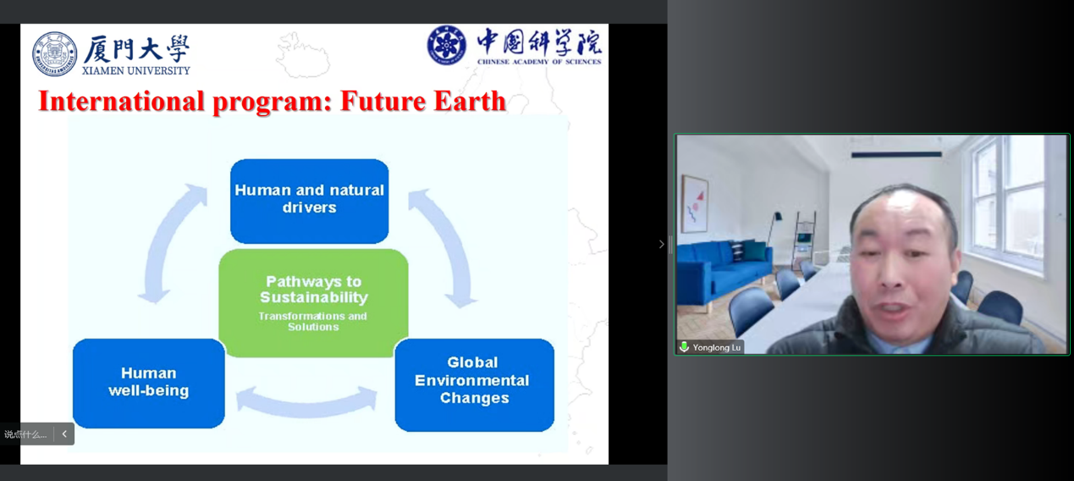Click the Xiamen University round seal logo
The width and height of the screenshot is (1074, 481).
(55, 53)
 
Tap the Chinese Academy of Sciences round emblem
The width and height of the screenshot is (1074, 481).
(446, 46)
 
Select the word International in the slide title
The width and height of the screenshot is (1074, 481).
(122, 101)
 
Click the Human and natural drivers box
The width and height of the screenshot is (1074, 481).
(309, 202)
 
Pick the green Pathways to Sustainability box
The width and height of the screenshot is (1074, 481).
(314, 302)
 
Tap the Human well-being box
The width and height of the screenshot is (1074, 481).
(149, 383)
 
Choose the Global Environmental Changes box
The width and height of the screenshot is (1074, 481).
(474, 384)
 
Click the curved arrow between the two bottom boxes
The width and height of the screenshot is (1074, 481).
(307, 406)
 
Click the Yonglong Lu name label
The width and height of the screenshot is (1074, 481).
(716, 348)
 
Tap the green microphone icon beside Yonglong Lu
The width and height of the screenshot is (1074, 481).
(684, 346)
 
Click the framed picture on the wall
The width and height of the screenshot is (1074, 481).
(695, 204)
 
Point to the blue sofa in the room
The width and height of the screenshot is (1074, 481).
(724, 271)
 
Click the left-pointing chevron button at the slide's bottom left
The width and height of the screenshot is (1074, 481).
(64, 434)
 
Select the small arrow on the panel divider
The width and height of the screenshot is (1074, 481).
(662, 244)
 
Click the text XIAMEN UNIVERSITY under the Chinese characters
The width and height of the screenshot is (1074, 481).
(136, 71)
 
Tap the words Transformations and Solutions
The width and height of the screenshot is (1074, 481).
(312, 321)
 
